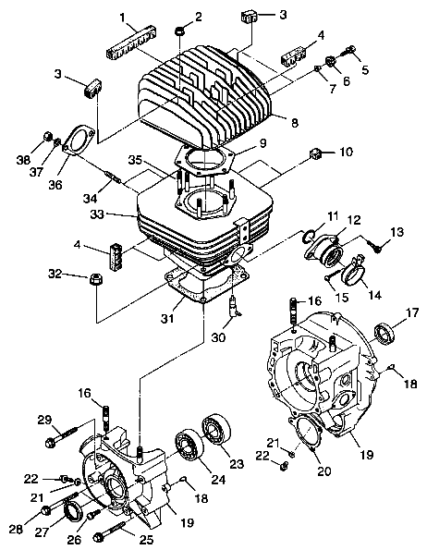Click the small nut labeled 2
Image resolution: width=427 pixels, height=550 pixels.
(176, 34)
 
